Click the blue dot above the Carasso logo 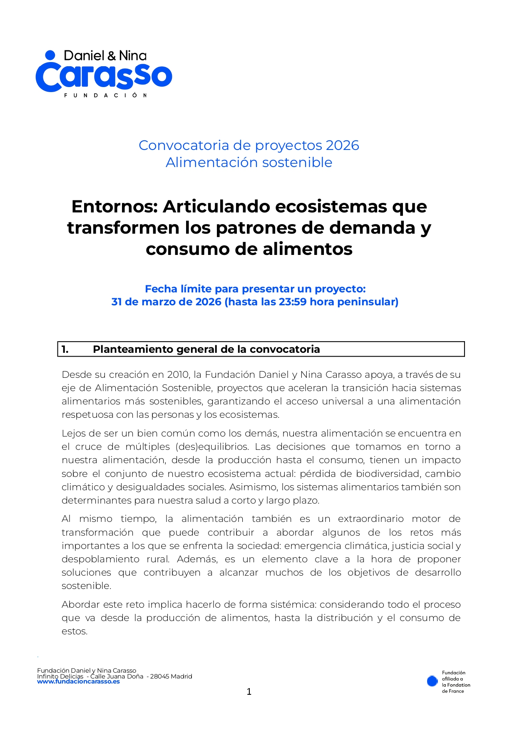point(50,55)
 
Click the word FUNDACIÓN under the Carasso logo point(105,95)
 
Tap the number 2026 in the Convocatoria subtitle point(342,145)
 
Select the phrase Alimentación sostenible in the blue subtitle point(249,162)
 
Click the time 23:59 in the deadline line point(293,302)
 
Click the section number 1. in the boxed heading point(65,349)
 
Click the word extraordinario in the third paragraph point(370,519)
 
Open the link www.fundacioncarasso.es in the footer point(78,682)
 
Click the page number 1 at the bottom point(249,692)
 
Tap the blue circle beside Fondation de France point(432,681)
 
